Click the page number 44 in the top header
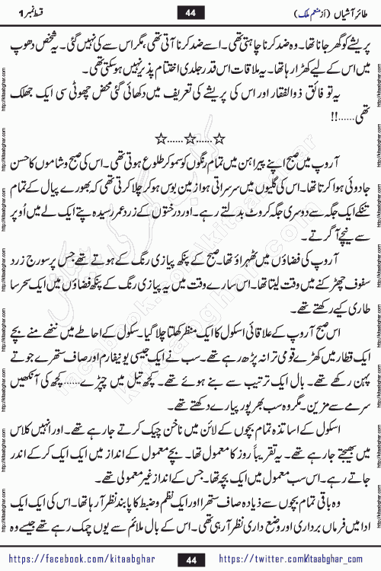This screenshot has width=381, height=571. point(190,11)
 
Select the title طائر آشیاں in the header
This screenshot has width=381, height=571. point(339,11)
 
